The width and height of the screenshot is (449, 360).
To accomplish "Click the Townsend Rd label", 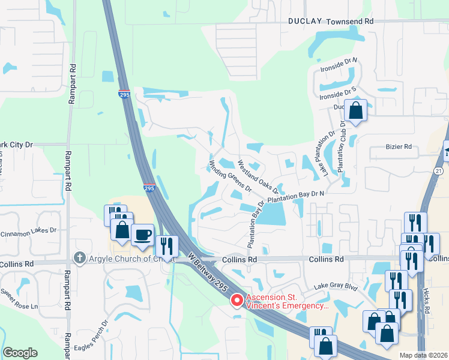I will (350, 20).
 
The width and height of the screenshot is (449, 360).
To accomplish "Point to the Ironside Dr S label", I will (338, 92).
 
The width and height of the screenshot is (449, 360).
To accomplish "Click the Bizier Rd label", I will (399, 146).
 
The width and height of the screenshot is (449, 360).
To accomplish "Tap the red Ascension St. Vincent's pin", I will (237, 299).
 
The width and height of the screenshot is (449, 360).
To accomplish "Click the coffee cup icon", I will (142, 235).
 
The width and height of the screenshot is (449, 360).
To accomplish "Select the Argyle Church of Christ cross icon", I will (79, 258).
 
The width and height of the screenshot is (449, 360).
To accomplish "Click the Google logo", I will (20, 353).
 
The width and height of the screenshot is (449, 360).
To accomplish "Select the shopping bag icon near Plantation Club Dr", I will (356, 110).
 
